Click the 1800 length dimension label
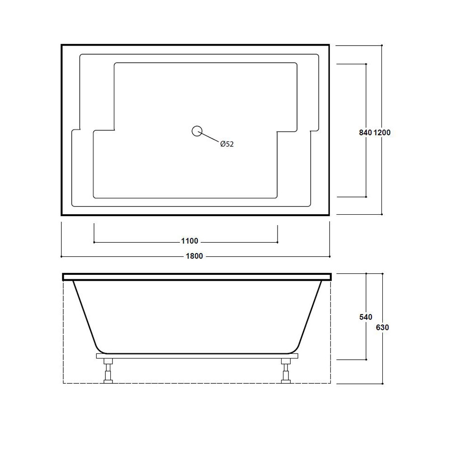(x=195, y=256)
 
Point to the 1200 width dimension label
(x=382, y=132)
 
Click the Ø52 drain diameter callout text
(x=227, y=144)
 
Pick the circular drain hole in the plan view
(x=197, y=131)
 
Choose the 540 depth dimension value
(x=366, y=317)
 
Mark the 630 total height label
(x=382, y=327)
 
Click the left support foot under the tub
(x=109, y=371)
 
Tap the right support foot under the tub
(x=286, y=371)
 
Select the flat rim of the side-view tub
(x=197, y=276)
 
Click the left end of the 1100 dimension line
(x=94, y=242)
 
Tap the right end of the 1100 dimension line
(x=278, y=242)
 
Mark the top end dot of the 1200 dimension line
(x=382, y=45)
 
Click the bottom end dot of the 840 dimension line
(x=366, y=197)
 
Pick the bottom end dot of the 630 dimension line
(x=382, y=383)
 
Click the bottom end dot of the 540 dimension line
(x=366, y=360)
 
